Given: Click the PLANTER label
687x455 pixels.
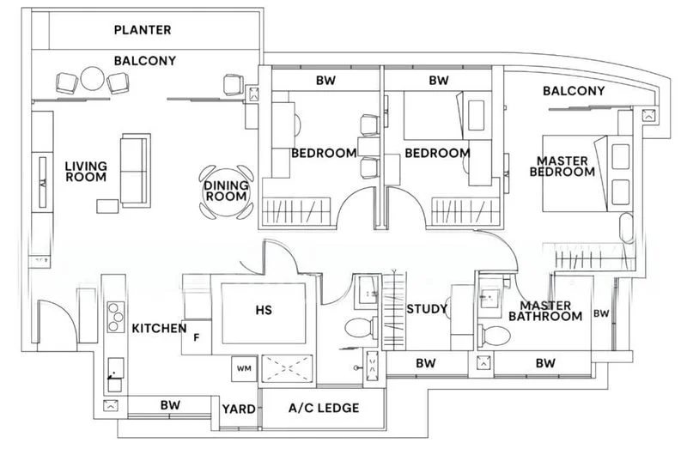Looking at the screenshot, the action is (x=143, y=30).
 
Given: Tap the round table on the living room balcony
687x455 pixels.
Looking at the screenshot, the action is (x=93, y=79).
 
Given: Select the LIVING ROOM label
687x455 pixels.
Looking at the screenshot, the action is (x=86, y=172).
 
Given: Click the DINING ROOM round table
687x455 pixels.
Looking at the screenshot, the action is (x=226, y=191).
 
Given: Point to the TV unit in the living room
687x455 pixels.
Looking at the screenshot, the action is (x=43, y=182).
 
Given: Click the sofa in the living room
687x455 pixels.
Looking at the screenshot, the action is (x=136, y=170).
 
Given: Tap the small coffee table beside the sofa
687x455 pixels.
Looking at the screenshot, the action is (x=107, y=206).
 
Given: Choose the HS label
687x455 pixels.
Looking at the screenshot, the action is (x=264, y=310).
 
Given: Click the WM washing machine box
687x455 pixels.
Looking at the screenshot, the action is (x=244, y=369).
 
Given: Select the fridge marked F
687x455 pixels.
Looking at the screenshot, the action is (x=197, y=337).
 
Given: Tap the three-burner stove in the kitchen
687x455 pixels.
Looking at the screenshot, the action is (x=116, y=317).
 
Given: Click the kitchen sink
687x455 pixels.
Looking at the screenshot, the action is (x=116, y=375).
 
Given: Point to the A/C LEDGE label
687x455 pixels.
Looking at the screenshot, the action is (x=324, y=408).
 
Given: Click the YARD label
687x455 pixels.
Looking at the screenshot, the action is (x=239, y=409).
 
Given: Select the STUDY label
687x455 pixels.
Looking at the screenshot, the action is (x=427, y=309).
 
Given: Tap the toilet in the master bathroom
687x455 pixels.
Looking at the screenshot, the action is (x=495, y=336).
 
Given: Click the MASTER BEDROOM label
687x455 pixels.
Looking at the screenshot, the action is (x=562, y=167).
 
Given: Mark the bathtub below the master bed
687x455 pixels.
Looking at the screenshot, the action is (x=627, y=227).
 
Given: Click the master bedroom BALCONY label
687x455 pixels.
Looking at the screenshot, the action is (x=574, y=91).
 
